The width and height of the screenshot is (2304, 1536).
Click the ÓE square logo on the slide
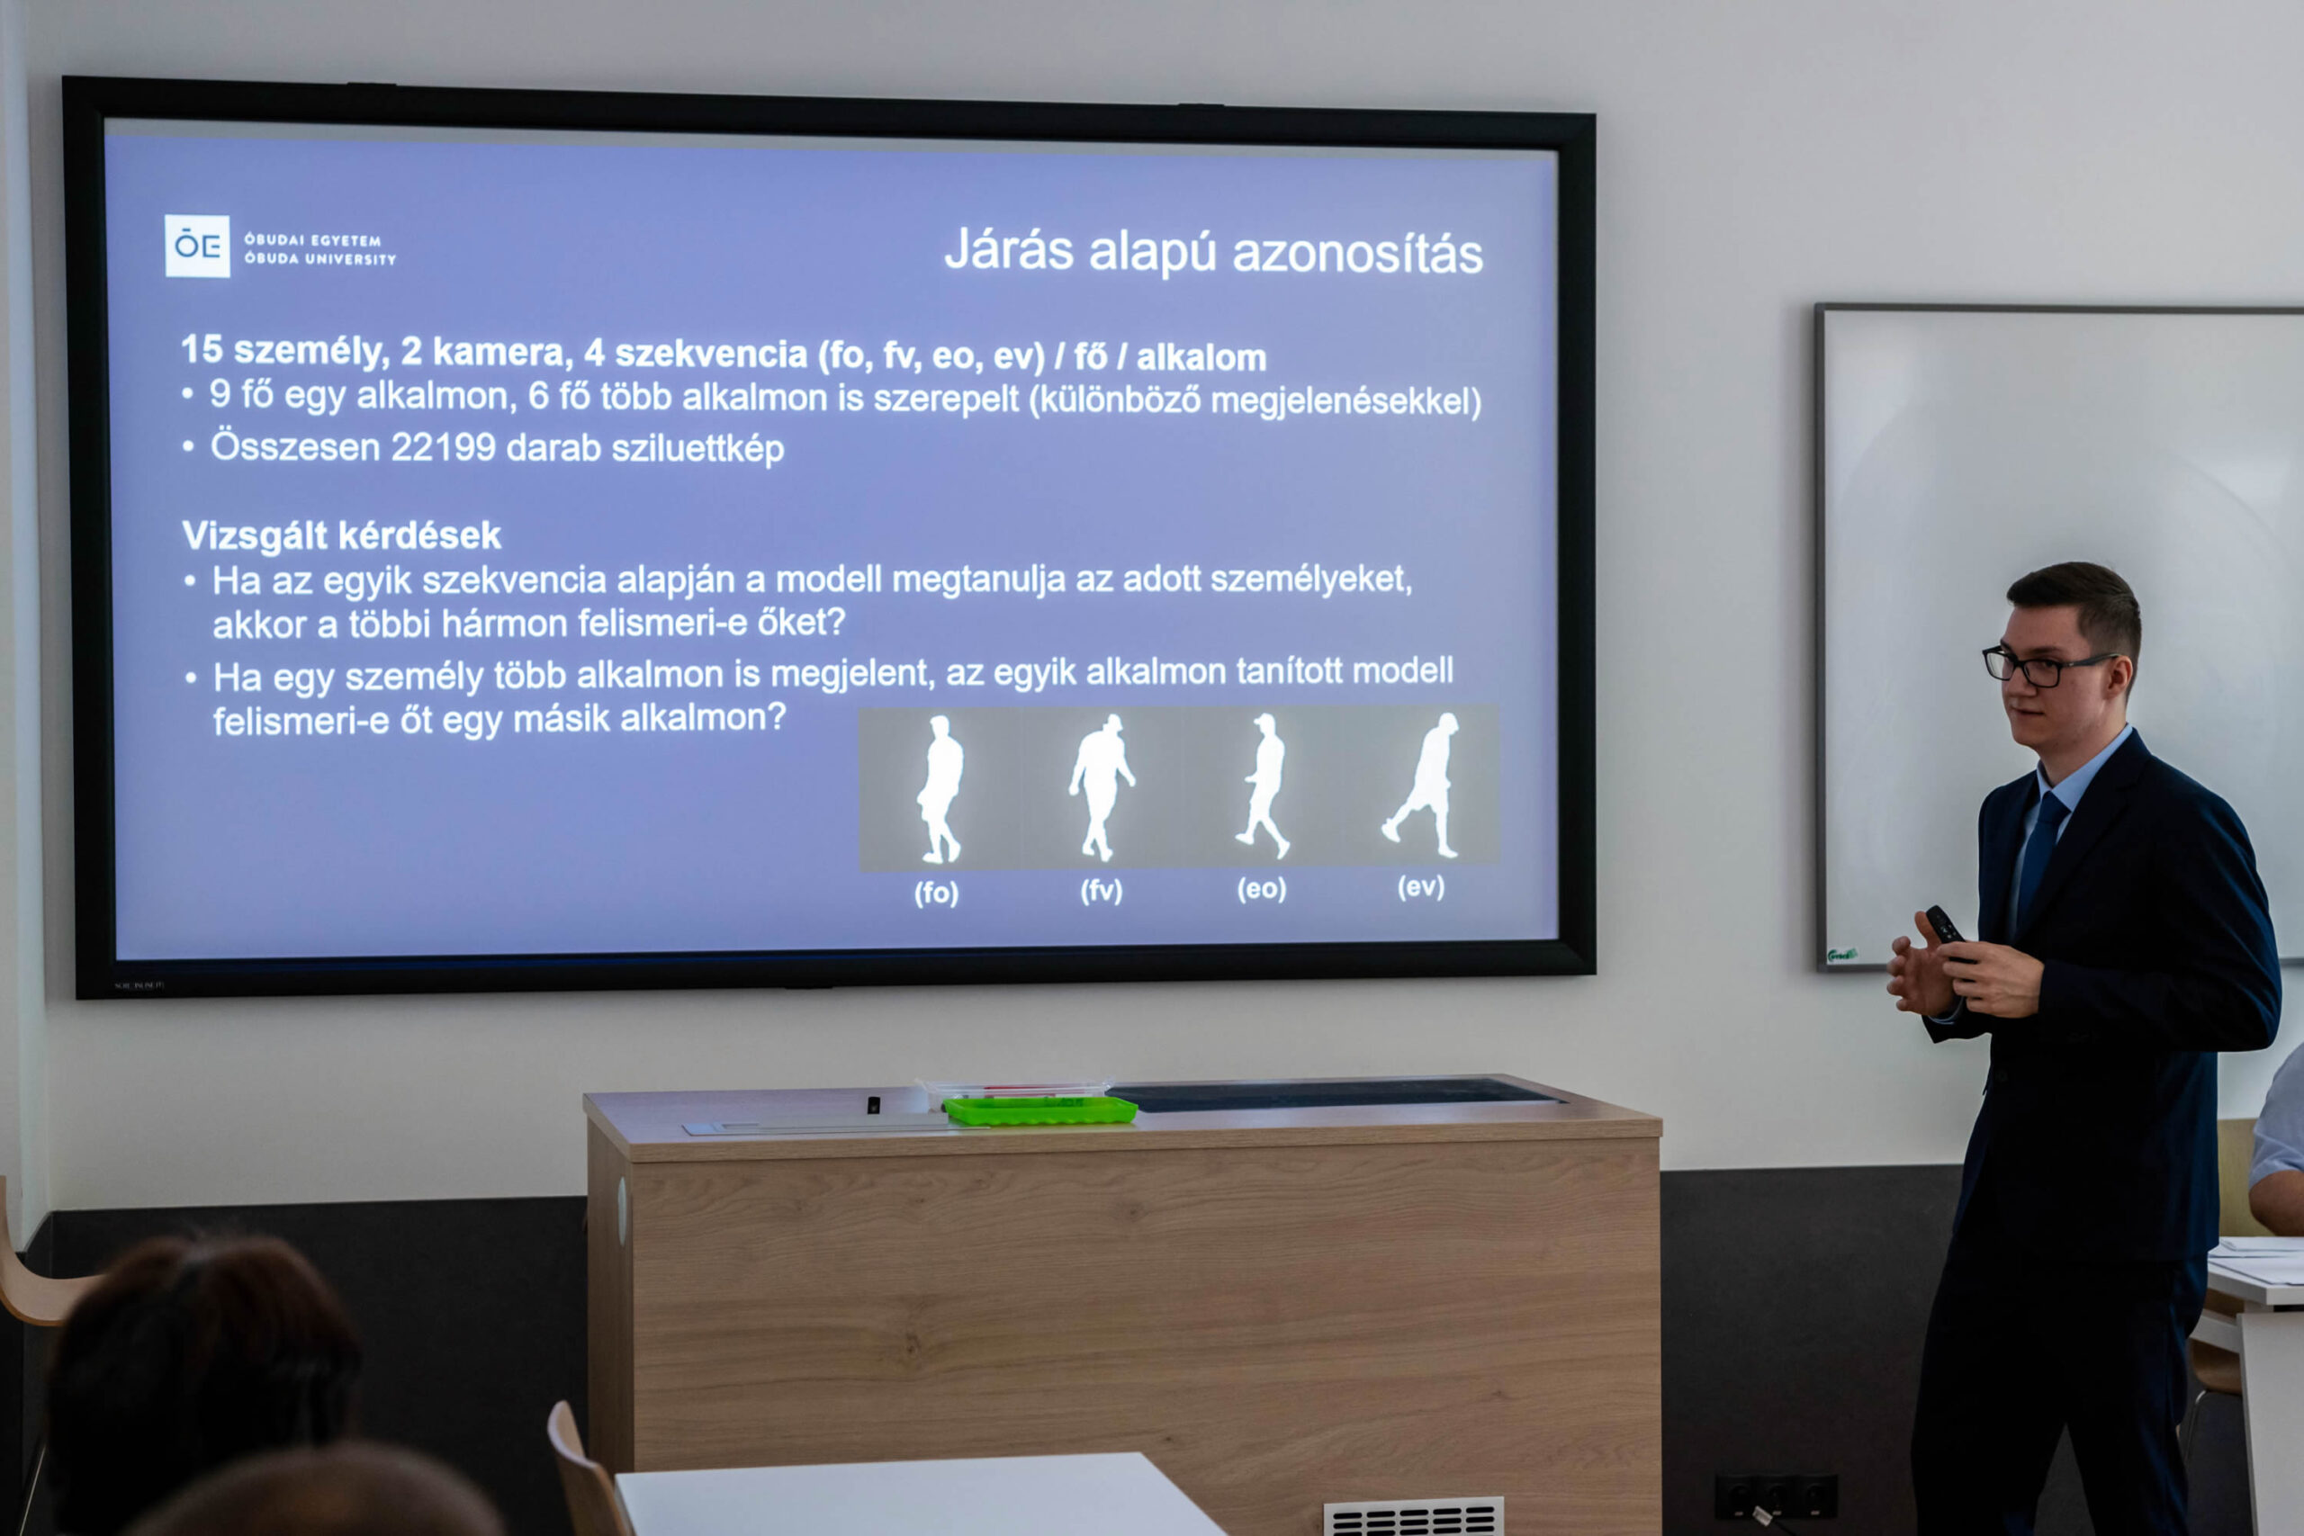[x=197, y=246]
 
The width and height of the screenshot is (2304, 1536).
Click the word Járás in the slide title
[x=1009, y=250]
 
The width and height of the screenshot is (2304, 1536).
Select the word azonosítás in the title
[x=1358, y=254]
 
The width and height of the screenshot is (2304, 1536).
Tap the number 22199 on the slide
[x=443, y=448]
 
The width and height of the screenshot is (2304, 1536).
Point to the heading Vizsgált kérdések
[x=341, y=535]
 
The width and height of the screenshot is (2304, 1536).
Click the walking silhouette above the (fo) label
[x=940, y=789]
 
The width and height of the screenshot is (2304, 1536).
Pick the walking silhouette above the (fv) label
[x=1101, y=786]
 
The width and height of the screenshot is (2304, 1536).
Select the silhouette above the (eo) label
[x=1264, y=785]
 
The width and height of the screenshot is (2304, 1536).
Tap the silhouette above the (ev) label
[x=1423, y=785]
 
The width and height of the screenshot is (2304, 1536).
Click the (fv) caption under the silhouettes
[x=1101, y=891]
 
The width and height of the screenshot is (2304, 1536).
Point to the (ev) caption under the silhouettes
[x=1420, y=886]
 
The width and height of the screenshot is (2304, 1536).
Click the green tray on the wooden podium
[x=1039, y=1109]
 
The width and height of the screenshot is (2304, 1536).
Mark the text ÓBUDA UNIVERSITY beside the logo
[x=320, y=258]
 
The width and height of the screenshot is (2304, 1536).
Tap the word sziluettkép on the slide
[x=697, y=449]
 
